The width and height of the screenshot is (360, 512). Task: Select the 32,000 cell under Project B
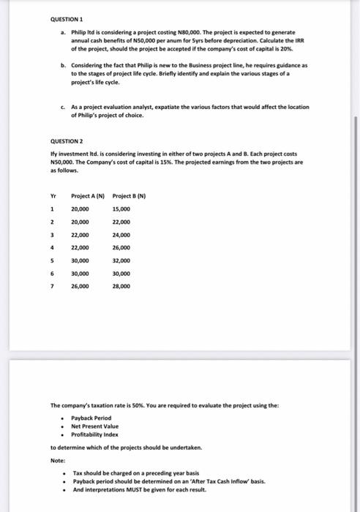(x=121, y=260)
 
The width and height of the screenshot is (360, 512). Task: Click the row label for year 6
(x=51, y=273)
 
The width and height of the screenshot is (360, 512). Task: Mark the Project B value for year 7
(x=121, y=286)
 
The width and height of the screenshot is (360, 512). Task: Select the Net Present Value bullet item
(x=94, y=426)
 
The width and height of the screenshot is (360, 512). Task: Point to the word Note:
(x=58, y=461)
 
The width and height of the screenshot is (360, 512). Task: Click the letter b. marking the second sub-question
(x=63, y=65)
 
